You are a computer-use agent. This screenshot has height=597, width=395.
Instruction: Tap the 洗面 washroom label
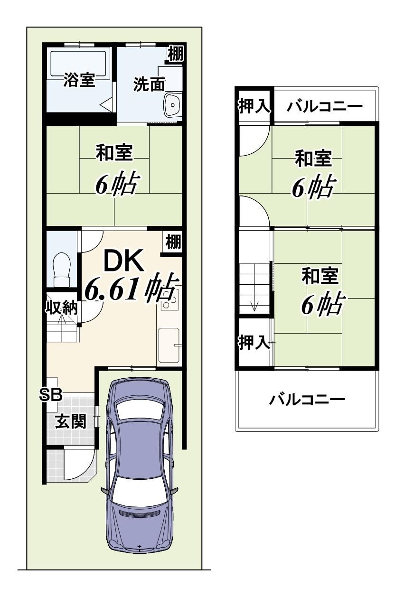pyautogui.click(x=149, y=84)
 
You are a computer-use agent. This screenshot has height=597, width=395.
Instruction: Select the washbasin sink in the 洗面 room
pyautogui.click(x=173, y=105)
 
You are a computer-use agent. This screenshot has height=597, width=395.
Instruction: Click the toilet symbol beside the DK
pyautogui.click(x=62, y=270)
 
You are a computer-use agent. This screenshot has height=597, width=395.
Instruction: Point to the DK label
pyautogui.click(x=124, y=261)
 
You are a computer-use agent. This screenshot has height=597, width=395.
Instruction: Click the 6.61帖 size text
pyautogui.click(x=132, y=289)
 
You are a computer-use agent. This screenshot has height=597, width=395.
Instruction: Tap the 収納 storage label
pyautogui.click(x=61, y=308)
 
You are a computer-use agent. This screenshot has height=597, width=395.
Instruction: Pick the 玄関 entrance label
pyautogui.click(x=71, y=421)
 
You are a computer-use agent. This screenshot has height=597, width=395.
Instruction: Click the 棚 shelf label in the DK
pyautogui.click(x=173, y=242)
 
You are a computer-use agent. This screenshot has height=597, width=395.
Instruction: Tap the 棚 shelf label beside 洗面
pyautogui.click(x=176, y=53)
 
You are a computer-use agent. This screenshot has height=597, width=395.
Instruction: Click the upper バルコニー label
pyautogui.click(x=325, y=107)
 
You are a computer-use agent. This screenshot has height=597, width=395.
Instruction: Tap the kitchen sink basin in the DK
pyautogui.click(x=169, y=345)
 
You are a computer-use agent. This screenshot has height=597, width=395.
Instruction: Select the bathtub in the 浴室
pyautogui.click(x=78, y=64)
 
